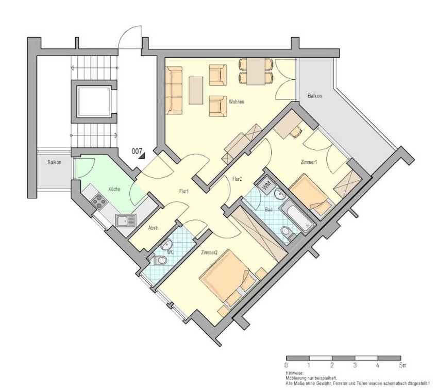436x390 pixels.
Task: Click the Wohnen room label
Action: point(237,101)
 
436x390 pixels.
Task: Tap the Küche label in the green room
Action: point(114,189)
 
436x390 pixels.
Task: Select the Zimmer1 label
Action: point(309,162)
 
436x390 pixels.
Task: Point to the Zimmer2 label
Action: point(209,252)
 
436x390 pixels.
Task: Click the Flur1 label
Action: point(184,191)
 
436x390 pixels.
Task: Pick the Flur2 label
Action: point(237,179)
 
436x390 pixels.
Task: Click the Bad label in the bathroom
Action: point(269,210)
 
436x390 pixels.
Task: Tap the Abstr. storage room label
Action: point(154,228)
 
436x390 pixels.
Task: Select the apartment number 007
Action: point(137,151)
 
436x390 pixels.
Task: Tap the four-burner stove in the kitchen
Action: point(99,201)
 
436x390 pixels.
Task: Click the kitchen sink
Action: point(126,221)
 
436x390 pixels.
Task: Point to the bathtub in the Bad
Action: point(296,216)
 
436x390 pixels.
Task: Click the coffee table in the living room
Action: point(196,91)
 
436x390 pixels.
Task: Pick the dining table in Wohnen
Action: point(256,71)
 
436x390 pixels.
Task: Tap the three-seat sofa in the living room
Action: point(174,90)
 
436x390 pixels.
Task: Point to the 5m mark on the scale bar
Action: point(403,365)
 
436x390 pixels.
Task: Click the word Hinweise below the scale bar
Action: point(294,373)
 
